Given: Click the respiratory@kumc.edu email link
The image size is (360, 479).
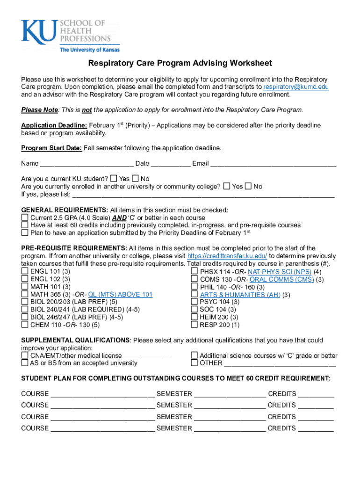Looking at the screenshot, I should [295, 87].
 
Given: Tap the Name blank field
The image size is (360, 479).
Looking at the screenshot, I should [86, 164].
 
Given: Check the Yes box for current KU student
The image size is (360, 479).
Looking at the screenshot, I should [114, 179].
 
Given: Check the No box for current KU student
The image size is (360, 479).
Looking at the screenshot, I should [136, 179].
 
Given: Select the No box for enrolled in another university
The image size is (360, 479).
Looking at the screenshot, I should [248, 186].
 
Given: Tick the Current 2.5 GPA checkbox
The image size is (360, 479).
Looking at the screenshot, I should [25, 218].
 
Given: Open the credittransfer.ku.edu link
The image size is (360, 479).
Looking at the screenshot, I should [227, 256].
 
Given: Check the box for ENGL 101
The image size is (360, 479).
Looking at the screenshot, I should [25, 271].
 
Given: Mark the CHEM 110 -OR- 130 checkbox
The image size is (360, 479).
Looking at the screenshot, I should [25, 325].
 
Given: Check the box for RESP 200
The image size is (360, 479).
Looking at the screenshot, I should [194, 325].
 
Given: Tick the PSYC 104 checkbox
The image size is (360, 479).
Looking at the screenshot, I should [194, 302].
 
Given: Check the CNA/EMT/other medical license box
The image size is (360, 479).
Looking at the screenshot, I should [25, 356].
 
